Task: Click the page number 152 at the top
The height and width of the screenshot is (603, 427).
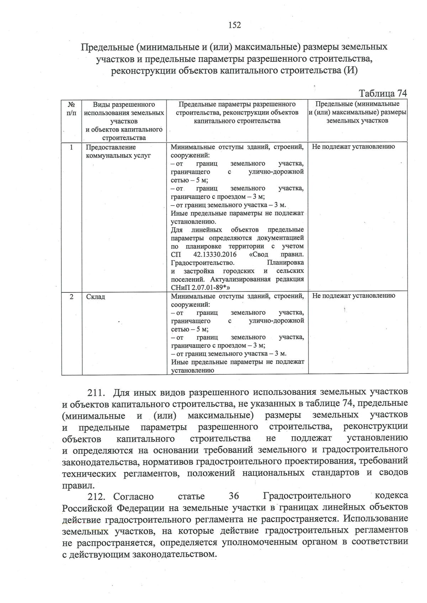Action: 234,25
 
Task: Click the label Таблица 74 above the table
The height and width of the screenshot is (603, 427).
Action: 383,93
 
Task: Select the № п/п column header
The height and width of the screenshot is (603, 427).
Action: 71,109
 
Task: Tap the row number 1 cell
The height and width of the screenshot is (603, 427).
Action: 72,147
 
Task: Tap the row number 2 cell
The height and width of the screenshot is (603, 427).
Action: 72,297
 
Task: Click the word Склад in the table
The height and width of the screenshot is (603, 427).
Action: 95,297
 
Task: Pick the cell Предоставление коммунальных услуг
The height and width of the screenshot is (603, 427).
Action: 118,151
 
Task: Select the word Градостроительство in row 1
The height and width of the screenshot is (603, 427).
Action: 202,263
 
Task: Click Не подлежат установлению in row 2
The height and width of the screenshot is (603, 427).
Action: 353,296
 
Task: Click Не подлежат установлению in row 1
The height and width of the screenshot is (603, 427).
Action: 353,146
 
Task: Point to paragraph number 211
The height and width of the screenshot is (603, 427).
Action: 96,393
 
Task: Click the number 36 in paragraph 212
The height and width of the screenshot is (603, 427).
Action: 234,496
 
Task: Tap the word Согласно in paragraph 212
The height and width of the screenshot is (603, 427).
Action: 133,496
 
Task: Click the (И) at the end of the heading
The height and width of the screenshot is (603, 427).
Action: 350,70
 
